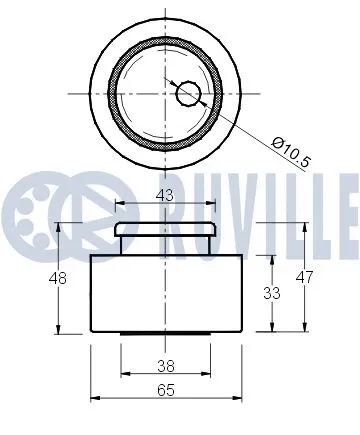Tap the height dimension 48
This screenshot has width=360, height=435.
[58, 279]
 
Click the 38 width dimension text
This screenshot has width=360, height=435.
[165, 365]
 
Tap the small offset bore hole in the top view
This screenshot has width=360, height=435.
[189, 94]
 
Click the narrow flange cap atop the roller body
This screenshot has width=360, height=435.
[165, 231]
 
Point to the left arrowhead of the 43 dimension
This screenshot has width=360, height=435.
[119, 205]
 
